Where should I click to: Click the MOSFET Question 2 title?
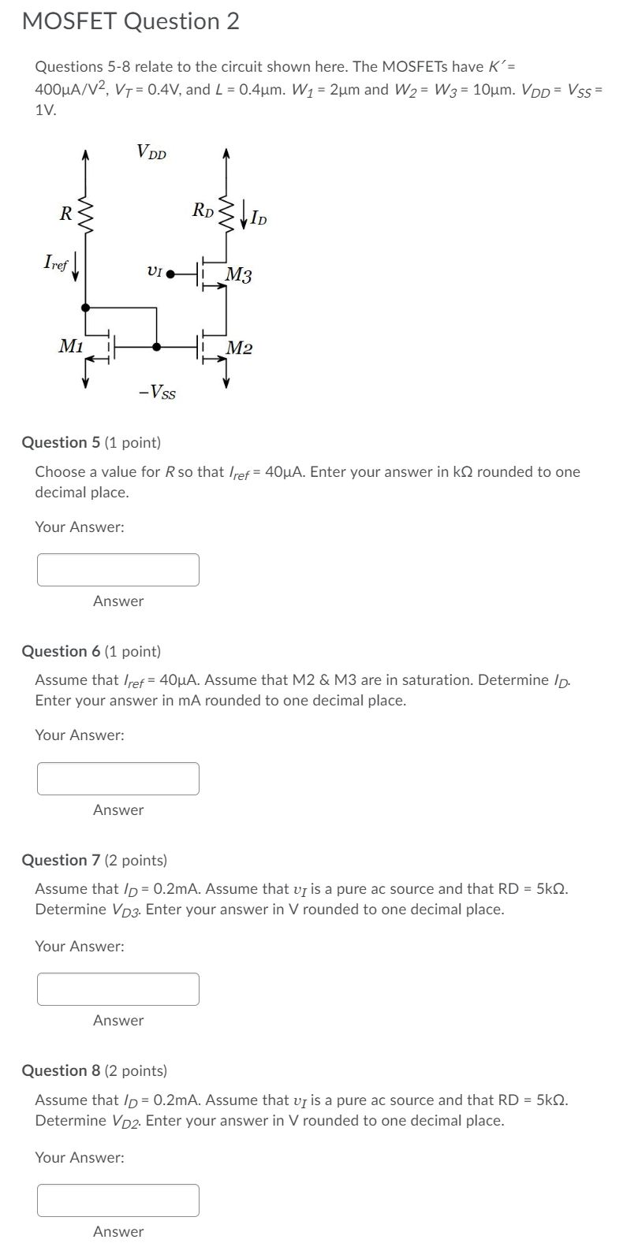(x=131, y=22)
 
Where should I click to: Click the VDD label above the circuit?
(x=151, y=151)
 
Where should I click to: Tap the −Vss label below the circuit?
(x=157, y=391)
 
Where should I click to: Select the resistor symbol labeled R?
(x=85, y=212)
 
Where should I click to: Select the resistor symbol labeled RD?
(x=226, y=211)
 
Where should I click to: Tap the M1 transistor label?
(x=71, y=345)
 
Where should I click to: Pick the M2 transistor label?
(x=240, y=348)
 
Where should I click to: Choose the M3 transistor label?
(x=239, y=275)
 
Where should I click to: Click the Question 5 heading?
(x=91, y=443)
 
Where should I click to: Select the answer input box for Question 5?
(x=118, y=570)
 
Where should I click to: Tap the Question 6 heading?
(x=91, y=652)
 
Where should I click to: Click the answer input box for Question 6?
(x=118, y=779)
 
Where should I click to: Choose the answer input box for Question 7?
(x=118, y=989)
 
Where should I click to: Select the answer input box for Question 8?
(x=118, y=1200)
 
